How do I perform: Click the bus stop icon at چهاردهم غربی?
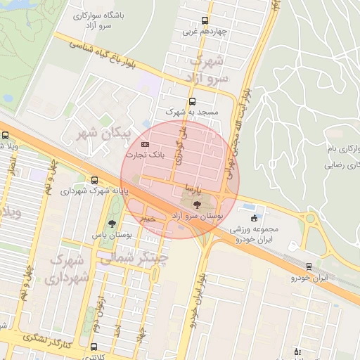point(205,20)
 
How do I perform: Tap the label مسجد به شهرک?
point(193,112)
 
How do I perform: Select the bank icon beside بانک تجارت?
point(146,145)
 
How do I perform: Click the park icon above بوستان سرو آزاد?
point(196,205)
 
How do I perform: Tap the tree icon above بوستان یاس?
point(112,219)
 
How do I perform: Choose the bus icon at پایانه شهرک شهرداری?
point(95,180)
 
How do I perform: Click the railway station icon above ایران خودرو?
point(309,266)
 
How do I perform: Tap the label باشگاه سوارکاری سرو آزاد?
point(100,20)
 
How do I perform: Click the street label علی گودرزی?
point(182,145)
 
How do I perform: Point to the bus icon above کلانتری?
point(94,347)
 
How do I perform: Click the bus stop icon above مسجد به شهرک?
point(193,101)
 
